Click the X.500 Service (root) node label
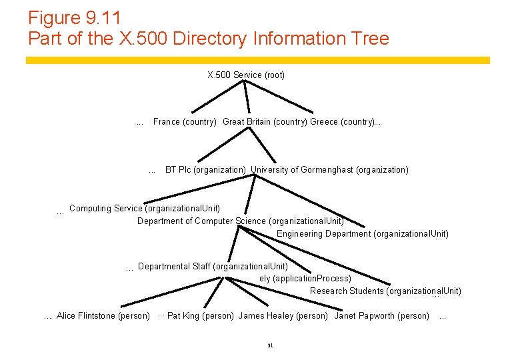tap(246, 75)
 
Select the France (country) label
tap(185, 122)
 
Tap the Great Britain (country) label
tap(265, 122)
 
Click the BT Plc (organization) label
tap(205, 170)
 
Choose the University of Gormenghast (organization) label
tap(330, 170)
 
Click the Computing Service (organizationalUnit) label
tap(145, 209)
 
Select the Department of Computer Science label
tap(241, 221)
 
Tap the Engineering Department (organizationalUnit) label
tap(363, 233)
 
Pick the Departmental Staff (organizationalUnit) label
tap(213, 266)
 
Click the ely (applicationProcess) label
tap(305, 278)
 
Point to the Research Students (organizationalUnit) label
tap(385, 291)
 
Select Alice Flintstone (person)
tap(103, 315)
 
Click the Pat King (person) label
tap(201, 315)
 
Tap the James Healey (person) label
tap(283, 315)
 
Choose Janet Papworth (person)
tap(381, 315)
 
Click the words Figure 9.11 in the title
tap(74, 17)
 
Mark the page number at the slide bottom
tap(270, 345)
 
